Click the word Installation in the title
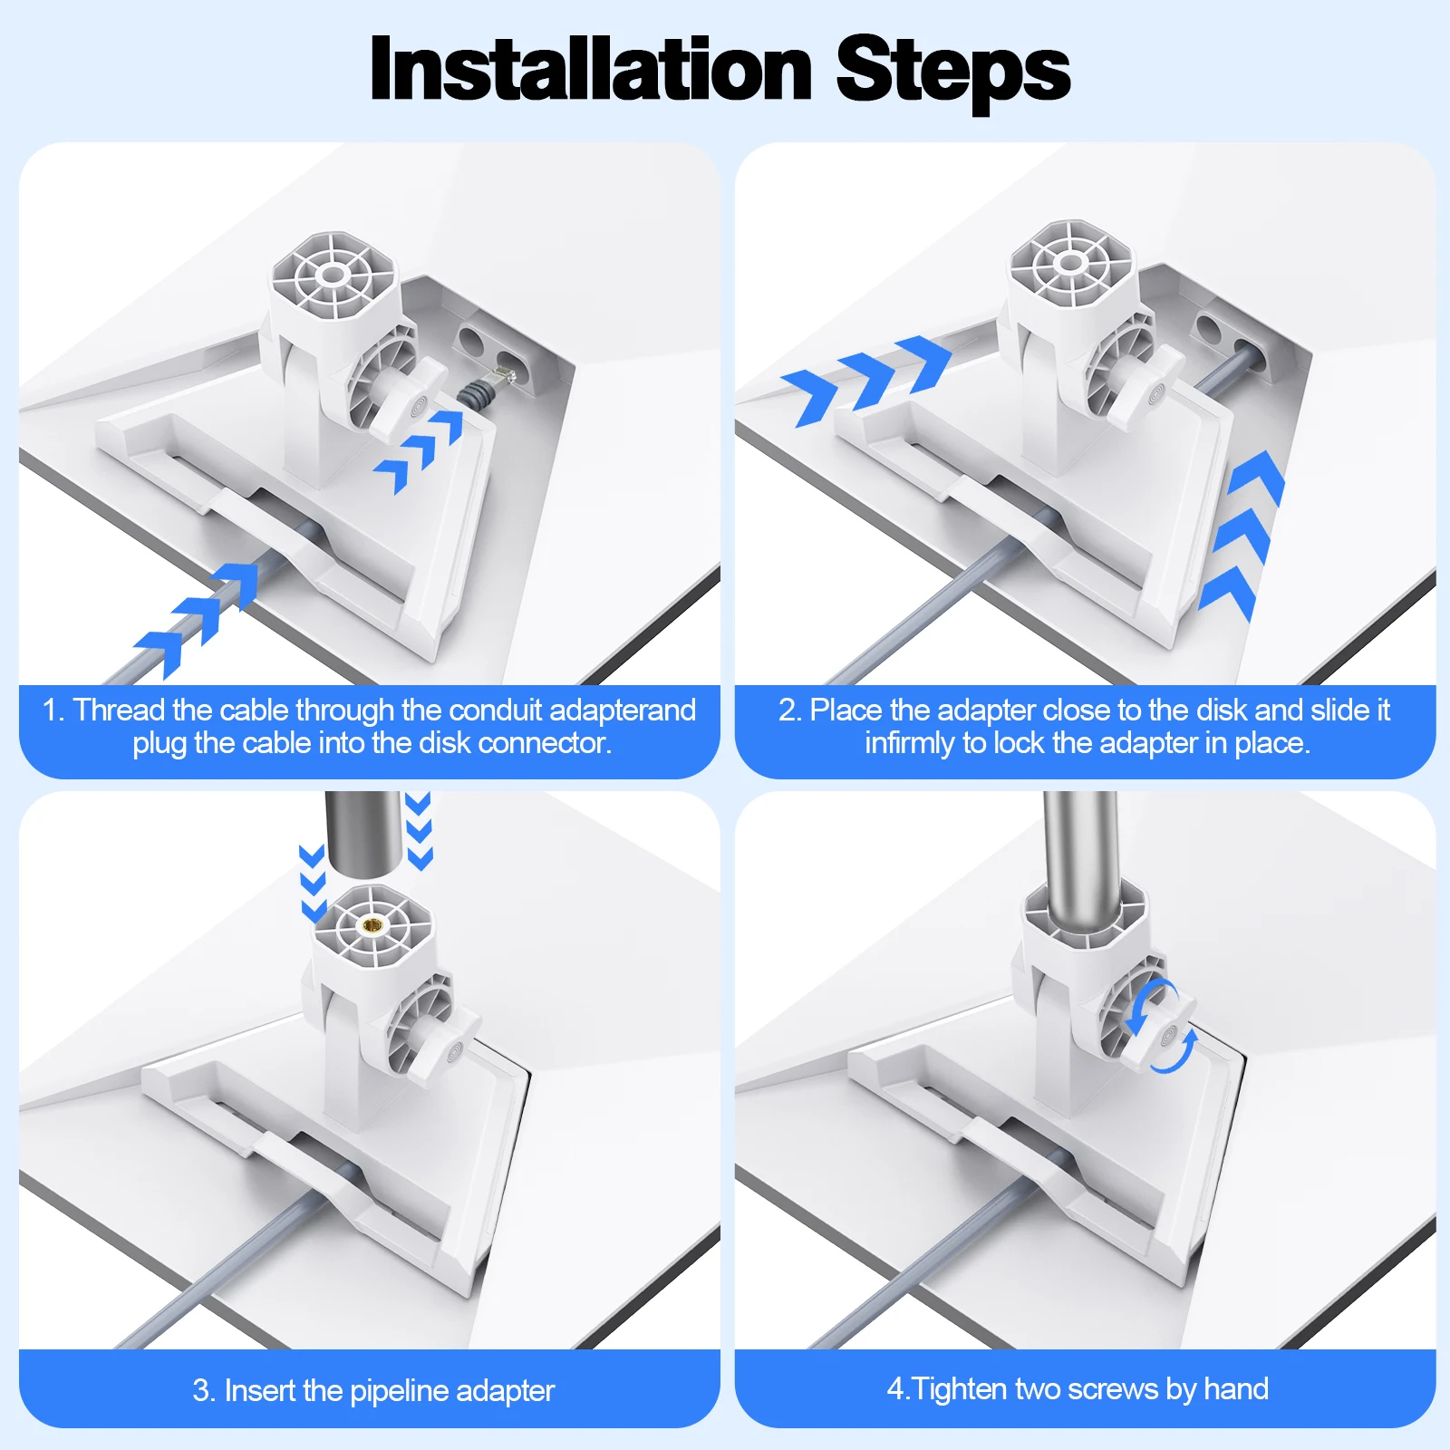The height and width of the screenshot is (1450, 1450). [591, 70]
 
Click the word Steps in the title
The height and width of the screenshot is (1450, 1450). [952, 72]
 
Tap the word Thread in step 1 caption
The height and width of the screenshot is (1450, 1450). [119, 710]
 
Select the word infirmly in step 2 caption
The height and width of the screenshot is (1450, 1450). [909, 743]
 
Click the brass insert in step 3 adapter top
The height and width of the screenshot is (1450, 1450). [372, 924]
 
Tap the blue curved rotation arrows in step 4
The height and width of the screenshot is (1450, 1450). [1161, 1025]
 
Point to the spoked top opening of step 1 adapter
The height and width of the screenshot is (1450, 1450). [333, 275]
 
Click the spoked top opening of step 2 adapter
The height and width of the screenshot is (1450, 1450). [1072, 264]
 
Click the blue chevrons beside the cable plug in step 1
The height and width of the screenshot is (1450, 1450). [419, 450]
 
